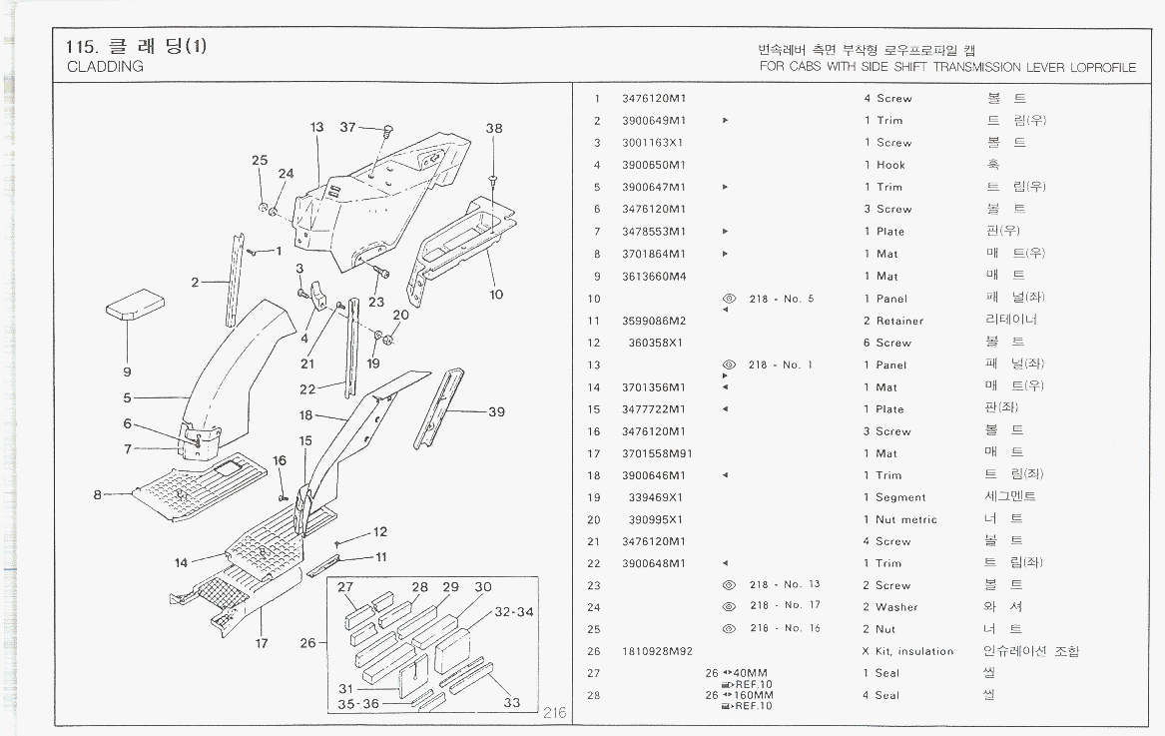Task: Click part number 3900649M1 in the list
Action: coord(654,121)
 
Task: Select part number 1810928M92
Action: coord(657,651)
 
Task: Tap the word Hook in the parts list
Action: coord(890,165)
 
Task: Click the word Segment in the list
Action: coord(900,497)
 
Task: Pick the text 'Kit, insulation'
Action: coord(914,651)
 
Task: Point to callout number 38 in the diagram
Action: coord(494,129)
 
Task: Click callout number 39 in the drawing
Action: coord(496,412)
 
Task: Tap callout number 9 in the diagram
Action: coord(128,371)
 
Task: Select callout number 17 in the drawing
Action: coord(262,643)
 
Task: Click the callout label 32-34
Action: coord(514,611)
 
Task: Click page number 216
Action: coord(555,713)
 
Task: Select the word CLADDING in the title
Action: coord(105,67)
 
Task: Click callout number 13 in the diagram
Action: coord(317,128)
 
